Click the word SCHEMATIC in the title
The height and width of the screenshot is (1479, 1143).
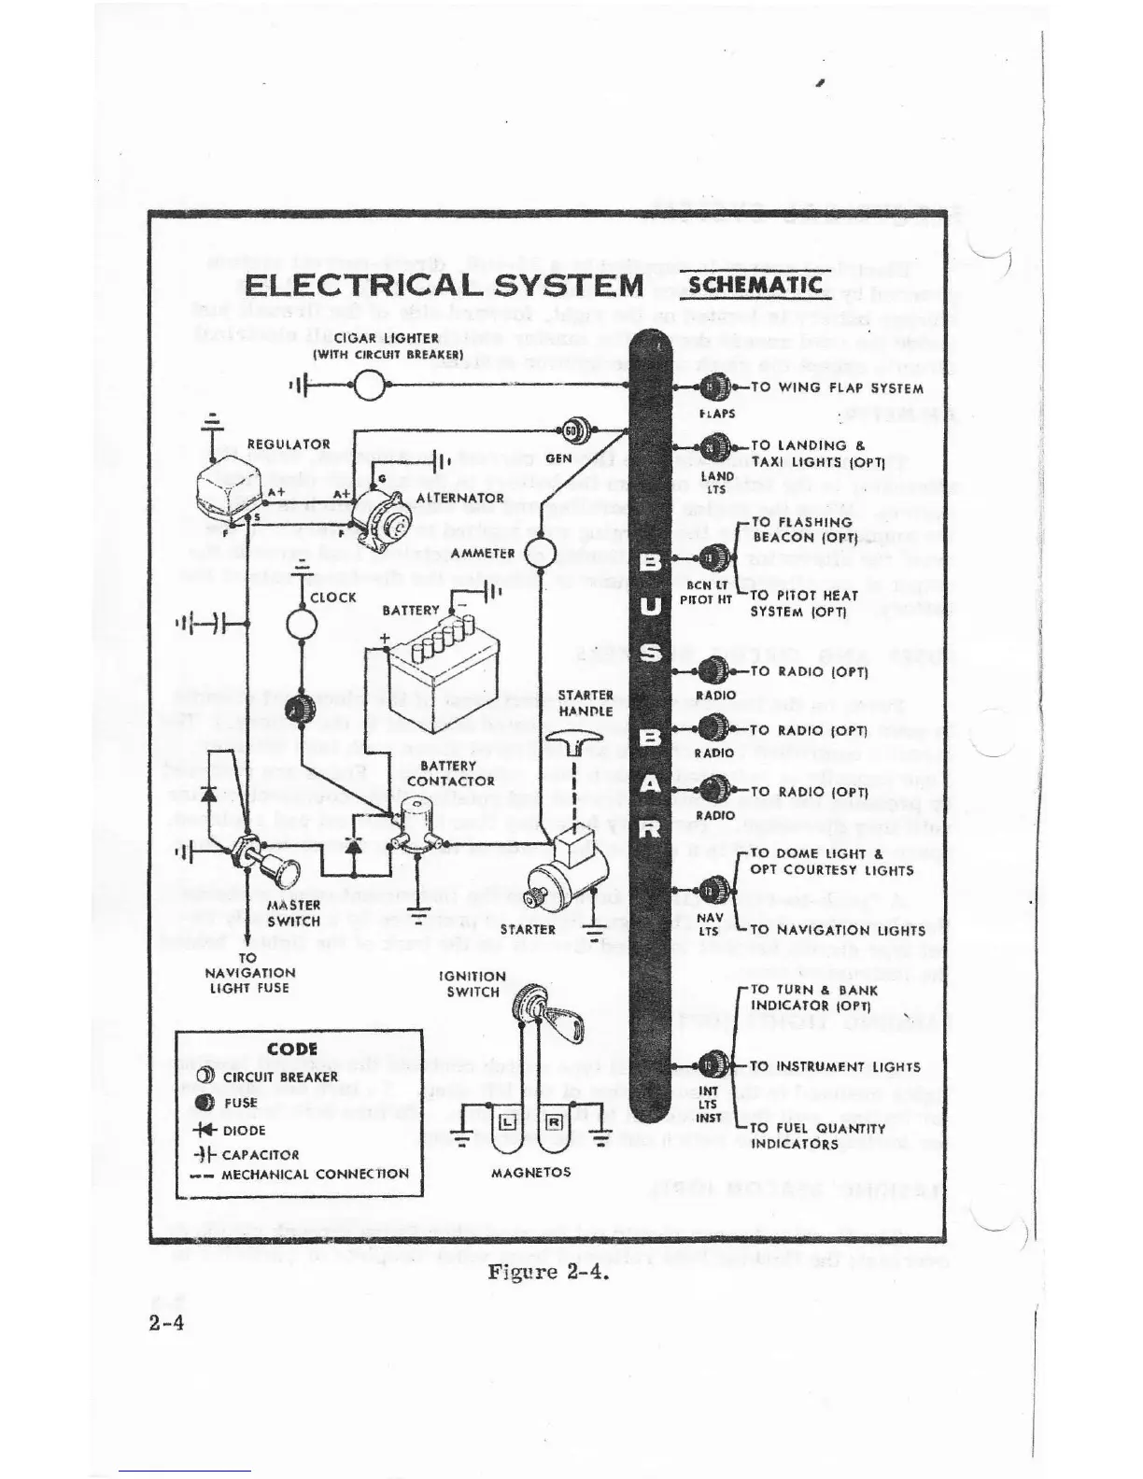click(x=755, y=284)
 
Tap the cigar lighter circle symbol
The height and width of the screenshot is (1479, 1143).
click(x=370, y=385)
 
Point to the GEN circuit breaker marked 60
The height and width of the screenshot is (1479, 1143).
click(x=571, y=431)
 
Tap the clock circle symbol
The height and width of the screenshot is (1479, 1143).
click(x=302, y=623)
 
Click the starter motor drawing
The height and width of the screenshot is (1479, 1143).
click(x=560, y=873)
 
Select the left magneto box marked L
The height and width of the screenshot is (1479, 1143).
click(x=507, y=1121)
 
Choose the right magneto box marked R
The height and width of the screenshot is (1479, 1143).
click(x=553, y=1121)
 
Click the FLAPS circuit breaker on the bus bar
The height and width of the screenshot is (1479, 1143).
click(x=714, y=387)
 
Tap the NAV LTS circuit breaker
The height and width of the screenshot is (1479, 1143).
click(x=714, y=890)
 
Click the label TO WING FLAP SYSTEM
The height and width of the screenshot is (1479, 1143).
click(x=837, y=387)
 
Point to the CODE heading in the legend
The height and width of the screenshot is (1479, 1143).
click(x=292, y=1049)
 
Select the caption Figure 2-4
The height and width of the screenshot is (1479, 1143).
click(x=548, y=1272)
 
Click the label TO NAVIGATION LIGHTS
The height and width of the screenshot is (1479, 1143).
click(x=837, y=930)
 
